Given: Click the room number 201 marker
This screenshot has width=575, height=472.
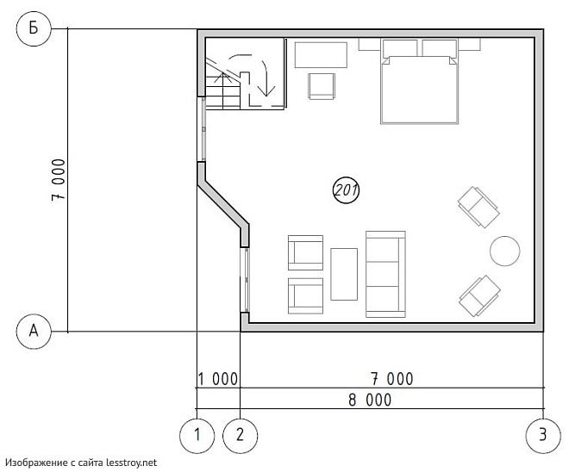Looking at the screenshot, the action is pos(346,189).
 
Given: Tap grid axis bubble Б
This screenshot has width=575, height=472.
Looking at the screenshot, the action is pos(34,28).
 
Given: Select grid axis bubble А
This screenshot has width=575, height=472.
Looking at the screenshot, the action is pos(34,332).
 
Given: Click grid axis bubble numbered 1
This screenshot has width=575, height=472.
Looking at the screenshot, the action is pos(197,435).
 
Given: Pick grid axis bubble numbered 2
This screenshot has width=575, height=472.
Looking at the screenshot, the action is pos(241,435).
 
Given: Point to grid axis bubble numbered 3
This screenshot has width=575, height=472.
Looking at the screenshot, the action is pos(543,435).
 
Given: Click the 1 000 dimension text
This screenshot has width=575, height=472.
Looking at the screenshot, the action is pos(218,379).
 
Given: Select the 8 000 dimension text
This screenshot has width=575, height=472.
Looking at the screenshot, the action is pos(370,400).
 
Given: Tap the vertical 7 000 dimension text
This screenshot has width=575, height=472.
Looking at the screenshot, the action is pos(59,179).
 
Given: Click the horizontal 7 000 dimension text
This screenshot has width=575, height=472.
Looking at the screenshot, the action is pos(392,379).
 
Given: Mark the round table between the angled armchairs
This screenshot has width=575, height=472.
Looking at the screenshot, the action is pos(505,251).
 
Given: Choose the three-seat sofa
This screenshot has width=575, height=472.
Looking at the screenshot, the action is pos(386,274).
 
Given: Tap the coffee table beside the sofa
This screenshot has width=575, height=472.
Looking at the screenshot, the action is pos(344,274).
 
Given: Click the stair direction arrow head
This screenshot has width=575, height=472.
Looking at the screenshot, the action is pos(266,91).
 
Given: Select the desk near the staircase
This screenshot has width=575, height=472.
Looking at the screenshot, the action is pos(321,55).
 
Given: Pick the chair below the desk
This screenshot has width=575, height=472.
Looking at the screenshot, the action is pos(322,86).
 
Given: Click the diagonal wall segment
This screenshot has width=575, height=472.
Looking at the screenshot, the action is pos(222,203).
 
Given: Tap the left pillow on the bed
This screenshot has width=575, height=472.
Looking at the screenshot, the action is pos(400,48).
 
